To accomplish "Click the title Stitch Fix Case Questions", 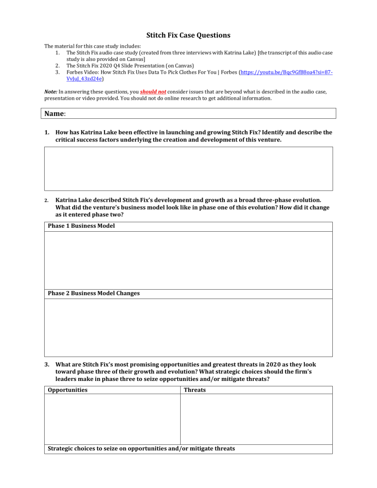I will pos(188,35).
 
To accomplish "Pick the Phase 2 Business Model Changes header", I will pos(94,293).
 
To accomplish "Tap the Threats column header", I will pos(194,390).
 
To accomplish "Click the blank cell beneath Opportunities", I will pos(112,420).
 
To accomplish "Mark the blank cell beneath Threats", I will pos(256,420).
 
